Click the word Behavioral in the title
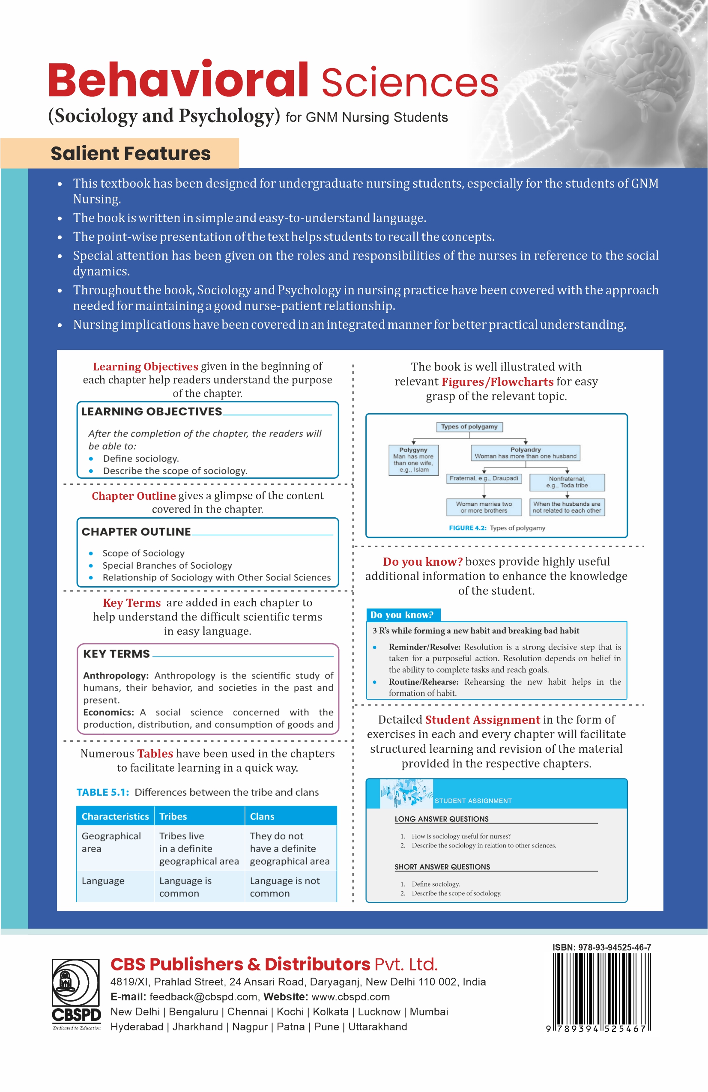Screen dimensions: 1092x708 pyautogui.click(x=178, y=81)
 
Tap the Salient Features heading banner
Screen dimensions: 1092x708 pyautogui.click(x=130, y=153)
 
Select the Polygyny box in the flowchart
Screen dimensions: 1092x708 pyautogui.click(x=413, y=460)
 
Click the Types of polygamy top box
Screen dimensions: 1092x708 pyautogui.click(x=469, y=427)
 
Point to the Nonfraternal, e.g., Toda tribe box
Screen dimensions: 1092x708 pyautogui.click(x=567, y=482)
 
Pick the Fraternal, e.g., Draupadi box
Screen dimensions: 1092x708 pyautogui.click(x=484, y=479)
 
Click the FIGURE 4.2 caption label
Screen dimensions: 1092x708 pyautogui.click(x=467, y=528)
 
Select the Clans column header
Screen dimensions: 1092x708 pyautogui.click(x=262, y=816)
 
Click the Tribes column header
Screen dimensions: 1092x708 pyautogui.click(x=173, y=816)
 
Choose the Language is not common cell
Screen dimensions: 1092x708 pyautogui.click(x=284, y=887)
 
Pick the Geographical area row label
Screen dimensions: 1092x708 pyautogui.click(x=111, y=842)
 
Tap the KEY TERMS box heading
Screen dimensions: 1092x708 pyautogui.click(x=117, y=654)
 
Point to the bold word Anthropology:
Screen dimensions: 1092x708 pyautogui.click(x=116, y=675)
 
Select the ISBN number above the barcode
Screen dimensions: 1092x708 pyautogui.click(x=601, y=947)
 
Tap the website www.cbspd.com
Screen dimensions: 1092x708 pyautogui.click(x=350, y=997)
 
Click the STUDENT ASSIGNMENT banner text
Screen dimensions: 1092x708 pyautogui.click(x=473, y=801)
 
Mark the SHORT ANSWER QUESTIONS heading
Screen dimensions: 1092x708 pyautogui.click(x=442, y=867)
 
